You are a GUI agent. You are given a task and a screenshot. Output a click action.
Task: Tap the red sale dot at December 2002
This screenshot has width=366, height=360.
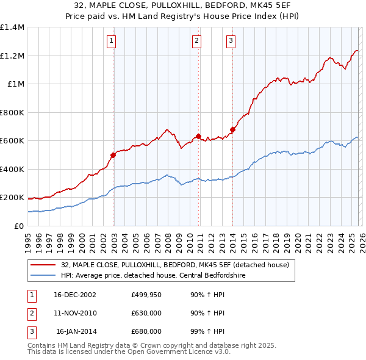click(113, 155)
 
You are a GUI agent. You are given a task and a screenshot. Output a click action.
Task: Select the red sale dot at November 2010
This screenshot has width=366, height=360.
click(198, 137)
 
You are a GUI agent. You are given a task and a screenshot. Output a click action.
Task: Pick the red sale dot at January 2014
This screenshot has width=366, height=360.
click(232, 129)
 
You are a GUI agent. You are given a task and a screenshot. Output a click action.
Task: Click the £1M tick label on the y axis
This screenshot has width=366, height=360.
click(16, 84)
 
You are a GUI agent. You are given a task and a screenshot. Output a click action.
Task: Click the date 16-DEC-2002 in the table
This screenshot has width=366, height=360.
click(75, 295)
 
